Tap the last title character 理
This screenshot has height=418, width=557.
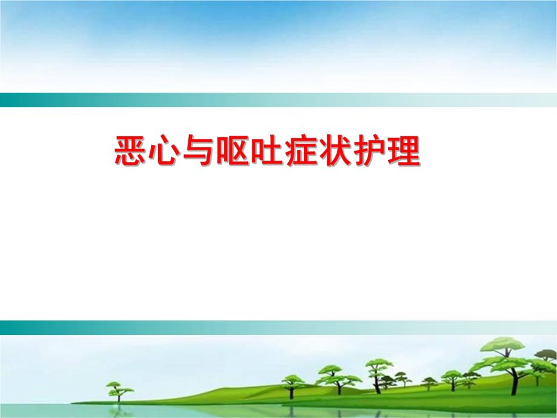pyautogui.click(x=402, y=151)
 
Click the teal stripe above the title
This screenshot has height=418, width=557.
pyautogui.click(x=278, y=100)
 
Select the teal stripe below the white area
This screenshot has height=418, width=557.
pyautogui.click(x=278, y=327)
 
